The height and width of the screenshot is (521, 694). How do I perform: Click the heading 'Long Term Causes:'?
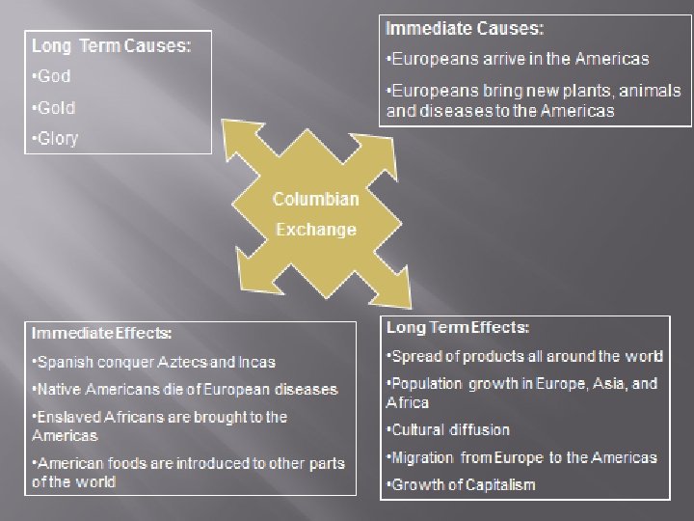click(111, 45)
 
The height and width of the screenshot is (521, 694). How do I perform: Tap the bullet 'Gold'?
click(53, 107)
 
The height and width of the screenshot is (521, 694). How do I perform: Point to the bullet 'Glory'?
click(55, 138)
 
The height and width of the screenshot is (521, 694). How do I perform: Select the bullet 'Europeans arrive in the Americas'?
click(517, 59)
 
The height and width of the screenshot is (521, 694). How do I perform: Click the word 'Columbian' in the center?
click(315, 200)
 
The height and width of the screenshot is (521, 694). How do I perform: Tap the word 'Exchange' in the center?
click(315, 230)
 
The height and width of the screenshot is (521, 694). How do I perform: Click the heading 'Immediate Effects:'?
click(102, 334)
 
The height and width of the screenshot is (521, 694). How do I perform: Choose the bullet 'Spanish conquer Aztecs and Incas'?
click(153, 363)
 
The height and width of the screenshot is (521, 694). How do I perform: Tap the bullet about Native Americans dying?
click(184, 390)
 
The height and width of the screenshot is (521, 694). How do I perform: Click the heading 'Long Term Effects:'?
click(458, 328)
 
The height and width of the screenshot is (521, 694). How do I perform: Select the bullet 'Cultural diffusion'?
click(447, 430)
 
